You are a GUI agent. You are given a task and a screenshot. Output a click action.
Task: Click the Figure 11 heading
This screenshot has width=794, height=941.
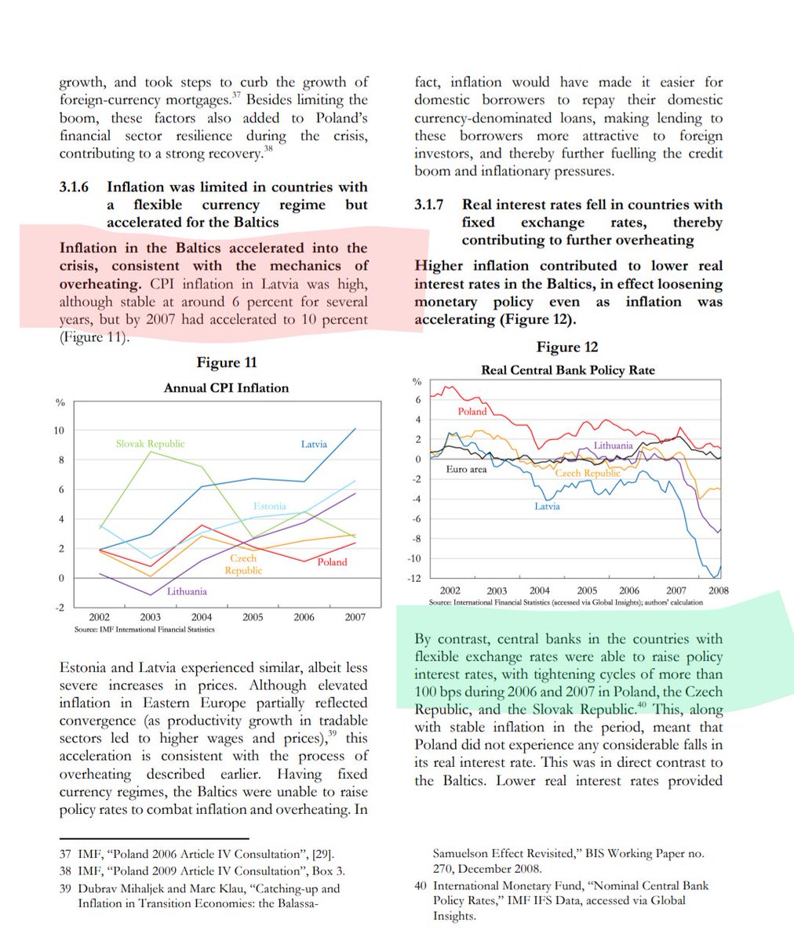[x=226, y=362]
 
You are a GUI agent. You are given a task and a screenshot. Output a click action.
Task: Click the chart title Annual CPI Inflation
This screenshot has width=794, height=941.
[x=226, y=387]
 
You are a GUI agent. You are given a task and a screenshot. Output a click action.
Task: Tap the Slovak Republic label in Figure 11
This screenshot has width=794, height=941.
[x=150, y=444]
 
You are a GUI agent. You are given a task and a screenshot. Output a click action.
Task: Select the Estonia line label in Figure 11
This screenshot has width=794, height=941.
[x=269, y=506]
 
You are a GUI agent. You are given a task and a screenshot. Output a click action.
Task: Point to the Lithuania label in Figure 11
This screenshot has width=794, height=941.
[x=187, y=591]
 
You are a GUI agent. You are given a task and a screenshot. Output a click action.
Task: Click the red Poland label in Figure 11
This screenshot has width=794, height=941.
[x=332, y=562]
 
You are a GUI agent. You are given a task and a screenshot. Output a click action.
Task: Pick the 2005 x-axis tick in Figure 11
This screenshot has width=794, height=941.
[x=253, y=617]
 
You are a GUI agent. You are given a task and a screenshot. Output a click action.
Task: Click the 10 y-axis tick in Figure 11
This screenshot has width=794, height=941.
[x=60, y=431]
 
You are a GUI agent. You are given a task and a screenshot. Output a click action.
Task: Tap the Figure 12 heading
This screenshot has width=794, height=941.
[x=567, y=347]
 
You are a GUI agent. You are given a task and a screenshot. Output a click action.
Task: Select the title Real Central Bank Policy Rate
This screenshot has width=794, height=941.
[x=567, y=370]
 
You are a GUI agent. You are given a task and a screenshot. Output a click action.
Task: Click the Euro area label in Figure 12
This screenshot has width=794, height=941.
[x=466, y=469]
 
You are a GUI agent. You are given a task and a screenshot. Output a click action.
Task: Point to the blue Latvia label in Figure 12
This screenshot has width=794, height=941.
[x=547, y=507]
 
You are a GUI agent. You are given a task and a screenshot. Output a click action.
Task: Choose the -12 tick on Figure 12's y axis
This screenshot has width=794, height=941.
[x=414, y=578]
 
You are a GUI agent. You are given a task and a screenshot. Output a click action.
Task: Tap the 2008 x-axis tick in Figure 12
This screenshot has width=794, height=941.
[x=718, y=590]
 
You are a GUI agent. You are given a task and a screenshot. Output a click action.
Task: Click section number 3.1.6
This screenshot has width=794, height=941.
[x=74, y=187]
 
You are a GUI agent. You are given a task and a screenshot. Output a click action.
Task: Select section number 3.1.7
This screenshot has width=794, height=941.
[x=429, y=205]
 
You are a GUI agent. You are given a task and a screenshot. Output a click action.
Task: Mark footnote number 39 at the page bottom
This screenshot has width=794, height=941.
[x=65, y=888]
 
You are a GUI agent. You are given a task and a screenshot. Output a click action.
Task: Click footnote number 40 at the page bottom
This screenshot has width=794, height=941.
[x=420, y=885]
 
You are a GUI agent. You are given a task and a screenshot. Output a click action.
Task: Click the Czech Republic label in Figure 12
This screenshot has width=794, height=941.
[x=588, y=473]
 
